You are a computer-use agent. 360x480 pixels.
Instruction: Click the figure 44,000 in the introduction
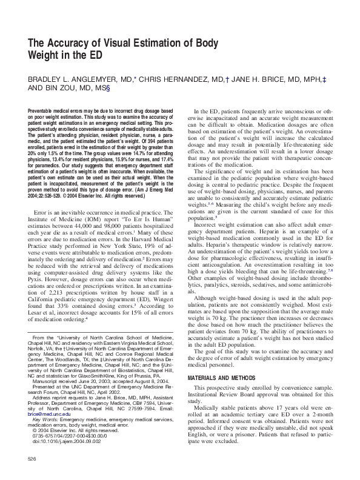[x=71, y=198]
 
